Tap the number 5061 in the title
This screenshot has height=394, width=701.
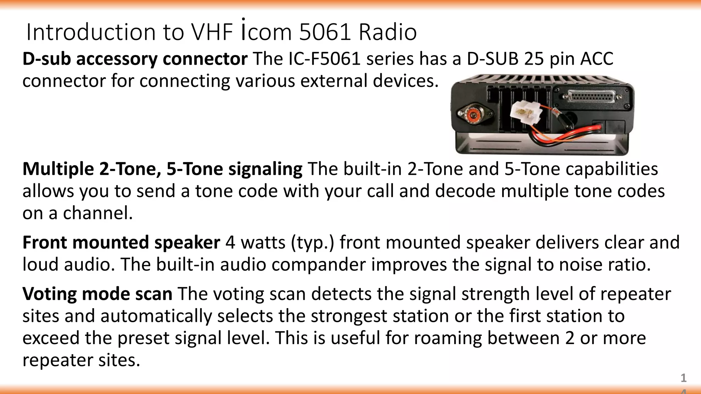[325, 32]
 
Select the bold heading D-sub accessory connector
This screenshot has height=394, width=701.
[135, 59]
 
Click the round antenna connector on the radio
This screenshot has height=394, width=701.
[474, 115]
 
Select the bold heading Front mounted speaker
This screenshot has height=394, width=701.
[121, 242]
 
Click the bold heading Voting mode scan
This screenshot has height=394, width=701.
[97, 294]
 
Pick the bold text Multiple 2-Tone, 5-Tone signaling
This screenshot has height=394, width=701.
[162, 169]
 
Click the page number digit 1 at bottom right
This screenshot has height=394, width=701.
[683, 378]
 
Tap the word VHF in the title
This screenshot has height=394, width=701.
[212, 32]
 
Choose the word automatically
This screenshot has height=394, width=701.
[156, 316]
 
